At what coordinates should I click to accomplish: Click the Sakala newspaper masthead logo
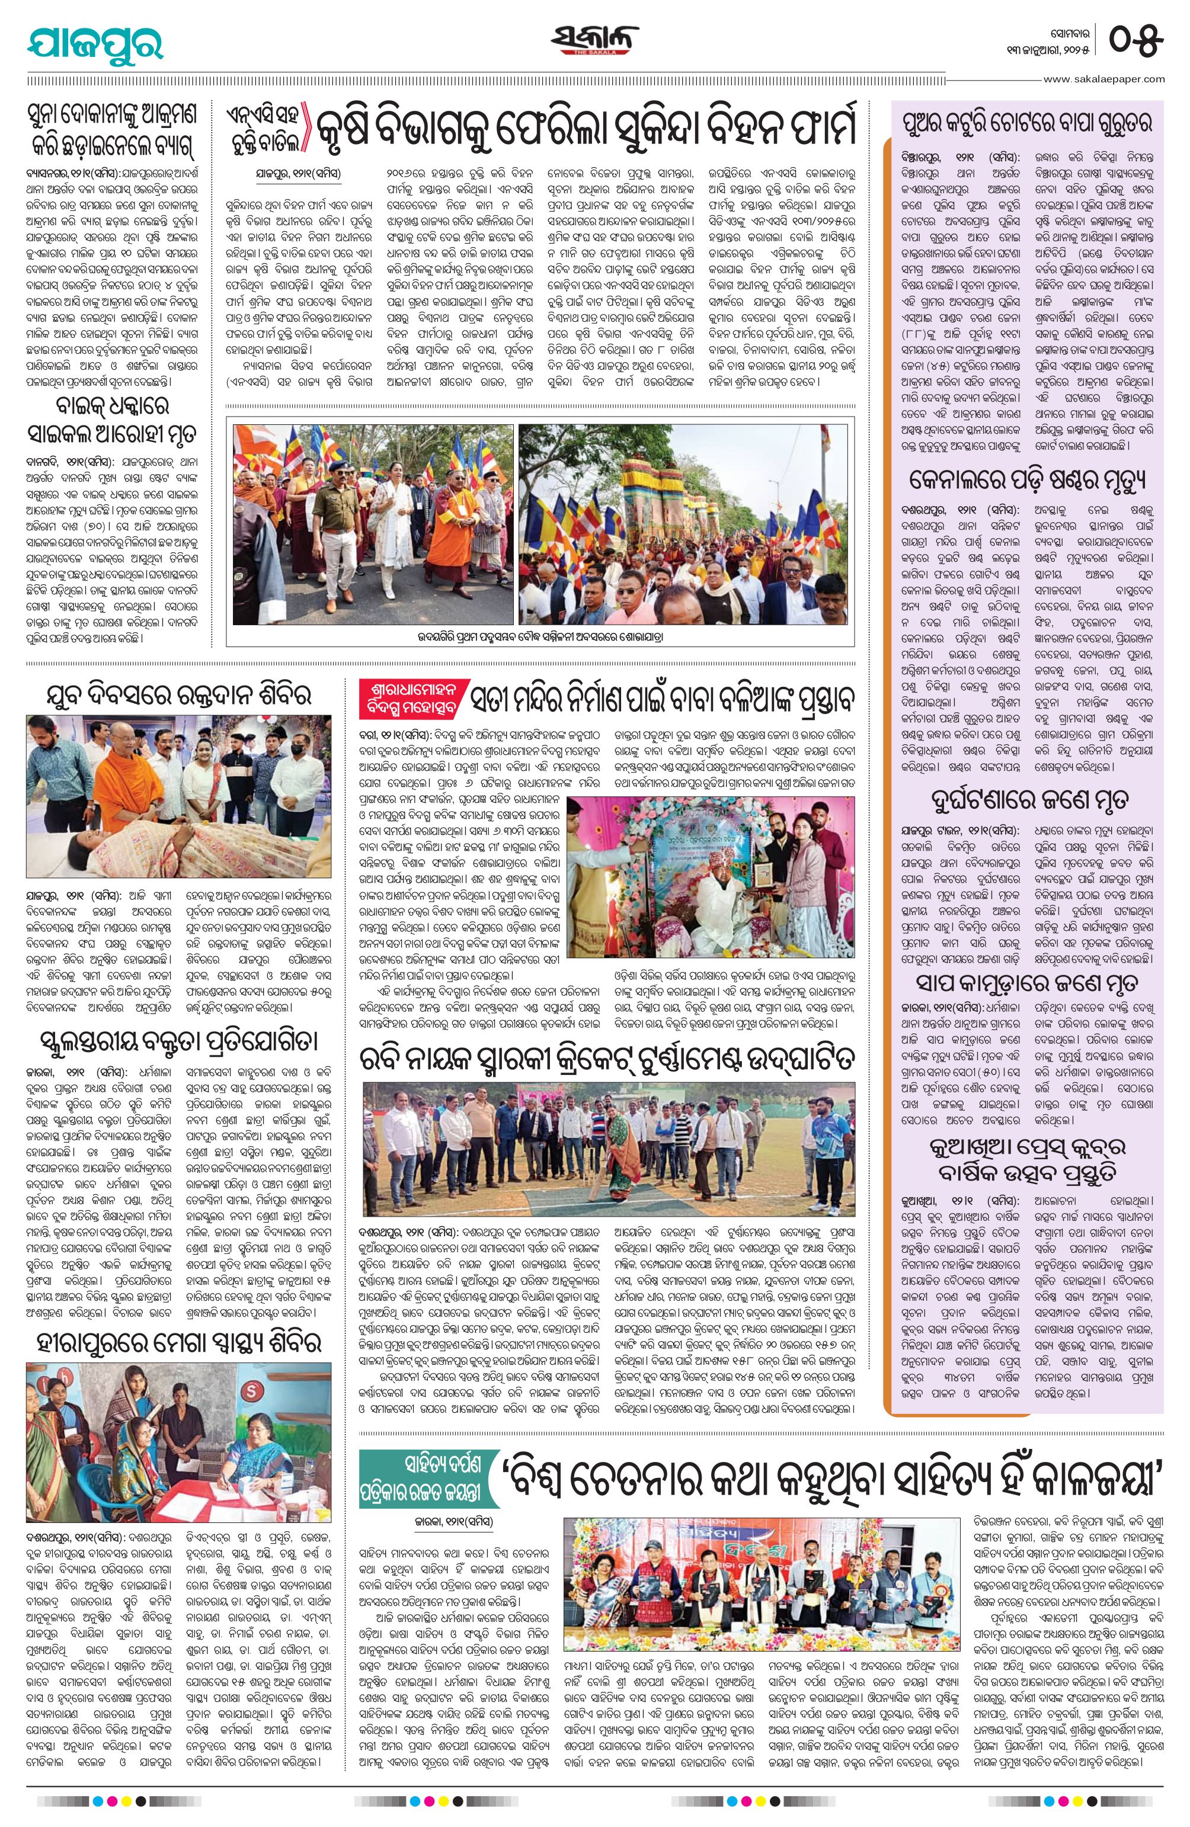click(594, 39)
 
